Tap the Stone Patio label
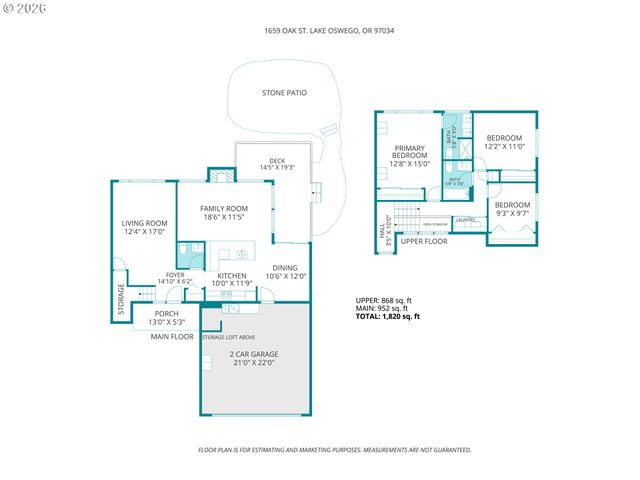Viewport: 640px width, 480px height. pyautogui.click(x=284, y=93)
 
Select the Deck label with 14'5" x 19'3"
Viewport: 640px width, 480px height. pyautogui.click(x=277, y=164)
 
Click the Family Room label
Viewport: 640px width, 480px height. pyautogui.click(x=223, y=212)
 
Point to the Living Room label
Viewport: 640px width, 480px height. pyautogui.click(x=144, y=228)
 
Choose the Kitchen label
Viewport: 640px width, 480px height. pyautogui.click(x=232, y=279)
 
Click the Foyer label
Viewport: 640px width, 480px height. pyautogui.click(x=175, y=279)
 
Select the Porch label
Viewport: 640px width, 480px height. pyautogui.click(x=166, y=318)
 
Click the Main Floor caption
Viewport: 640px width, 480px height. pyautogui.click(x=172, y=337)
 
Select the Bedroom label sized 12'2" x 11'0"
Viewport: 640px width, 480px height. pyautogui.click(x=504, y=142)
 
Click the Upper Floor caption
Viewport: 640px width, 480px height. pyautogui.click(x=423, y=241)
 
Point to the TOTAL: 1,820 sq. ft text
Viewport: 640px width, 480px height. pyautogui.click(x=388, y=316)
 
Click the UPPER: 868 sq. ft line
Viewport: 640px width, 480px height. pyautogui.click(x=384, y=300)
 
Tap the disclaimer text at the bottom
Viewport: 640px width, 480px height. pyautogui.click(x=335, y=450)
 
